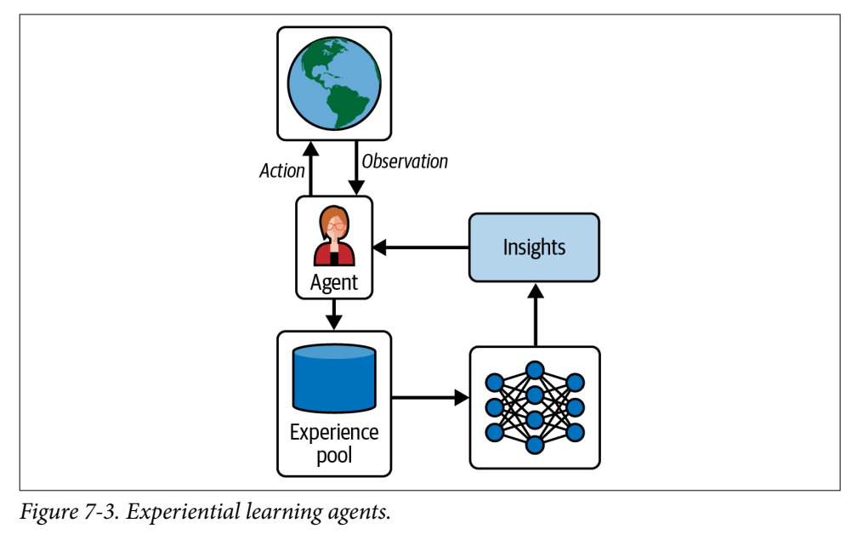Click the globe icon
pos(334,82)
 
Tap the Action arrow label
pos(281,171)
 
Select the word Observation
pos(405,161)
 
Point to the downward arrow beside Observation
pos(357,168)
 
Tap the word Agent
pos(334,282)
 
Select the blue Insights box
pos(534,247)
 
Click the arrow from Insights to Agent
pos(422,247)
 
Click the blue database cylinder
pos(333,378)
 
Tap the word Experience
pos(334,432)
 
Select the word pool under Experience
pos(334,455)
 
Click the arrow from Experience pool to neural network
pos(430,396)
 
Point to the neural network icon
pos(534,407)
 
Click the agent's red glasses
pos(334,227)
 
